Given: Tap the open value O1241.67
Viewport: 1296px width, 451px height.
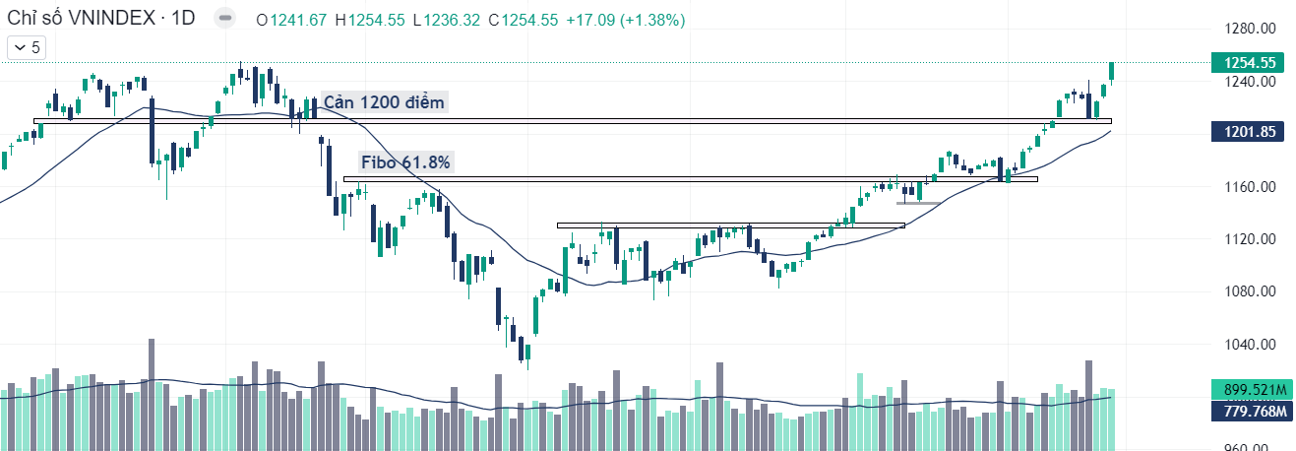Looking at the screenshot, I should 291,20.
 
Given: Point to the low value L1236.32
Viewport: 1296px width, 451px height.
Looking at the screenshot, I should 447,20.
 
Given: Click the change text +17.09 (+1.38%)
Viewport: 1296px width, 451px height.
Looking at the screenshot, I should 625,20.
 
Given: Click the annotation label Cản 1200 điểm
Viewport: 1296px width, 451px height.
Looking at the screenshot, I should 385,102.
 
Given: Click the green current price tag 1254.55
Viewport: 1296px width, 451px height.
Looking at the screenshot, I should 1250,62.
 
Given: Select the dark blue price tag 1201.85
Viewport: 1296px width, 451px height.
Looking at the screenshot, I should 1250,132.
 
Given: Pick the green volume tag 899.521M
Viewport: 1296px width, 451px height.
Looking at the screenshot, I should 1250,389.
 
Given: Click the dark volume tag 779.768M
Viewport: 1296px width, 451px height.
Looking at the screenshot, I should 1250,410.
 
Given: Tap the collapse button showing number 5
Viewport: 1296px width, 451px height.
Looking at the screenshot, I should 27,46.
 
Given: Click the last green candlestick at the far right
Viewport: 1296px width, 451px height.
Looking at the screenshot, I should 1111,71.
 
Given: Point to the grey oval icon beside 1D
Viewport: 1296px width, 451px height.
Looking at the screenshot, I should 225,20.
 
